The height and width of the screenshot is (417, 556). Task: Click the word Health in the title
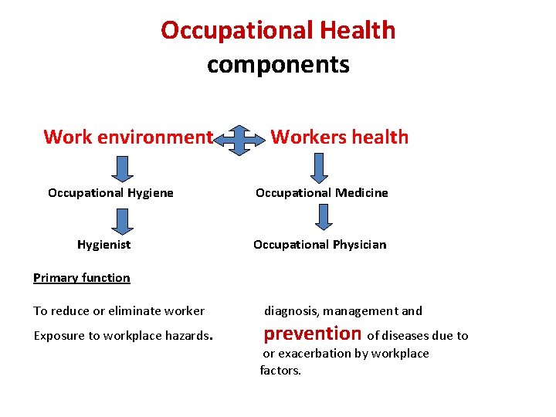[x=354, y=31]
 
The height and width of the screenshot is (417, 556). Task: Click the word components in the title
[x=278, y=64]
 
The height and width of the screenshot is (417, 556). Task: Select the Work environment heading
[x=127, y=137]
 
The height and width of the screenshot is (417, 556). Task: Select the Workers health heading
[x=340, y=137]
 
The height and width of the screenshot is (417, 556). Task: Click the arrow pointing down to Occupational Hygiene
[x=120, y=167]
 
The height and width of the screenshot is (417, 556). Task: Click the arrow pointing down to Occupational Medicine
[x=320, y=167]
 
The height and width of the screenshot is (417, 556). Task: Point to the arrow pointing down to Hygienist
[x=120, y=219]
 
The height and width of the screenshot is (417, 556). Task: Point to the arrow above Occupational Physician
[x=324, y=217]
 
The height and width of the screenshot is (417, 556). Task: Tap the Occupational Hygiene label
[x=110, y=193]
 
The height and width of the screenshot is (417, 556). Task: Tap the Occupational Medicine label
[x=322, y=193]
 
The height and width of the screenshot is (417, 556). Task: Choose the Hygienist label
[x=103, y=245]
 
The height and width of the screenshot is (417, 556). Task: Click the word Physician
[x=359, y=245]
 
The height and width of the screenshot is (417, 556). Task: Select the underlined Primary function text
[x=82, y=278]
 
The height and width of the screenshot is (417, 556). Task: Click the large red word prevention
[x=313, y=334]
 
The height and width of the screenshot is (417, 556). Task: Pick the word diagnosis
[x=292, y=311]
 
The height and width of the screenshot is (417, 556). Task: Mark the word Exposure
[x=59, y=336]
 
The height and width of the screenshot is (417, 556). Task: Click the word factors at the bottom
[x=280, y=371]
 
